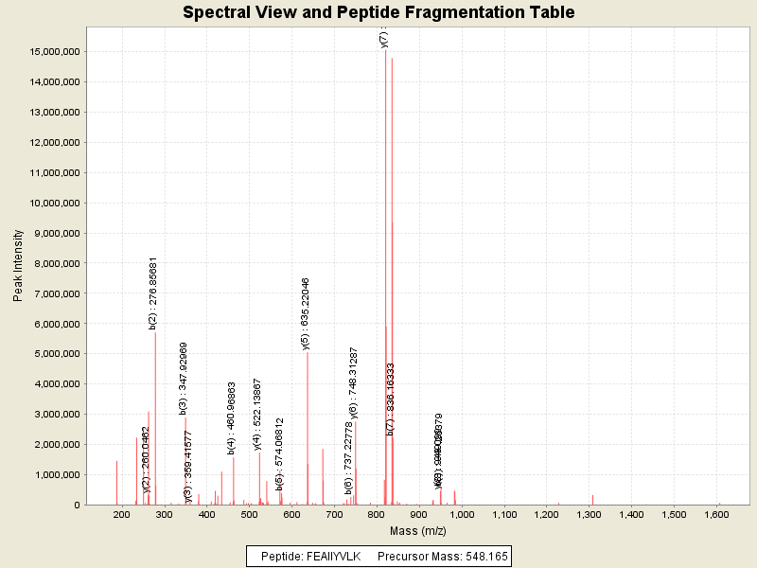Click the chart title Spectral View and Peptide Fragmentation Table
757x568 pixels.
(378, 12)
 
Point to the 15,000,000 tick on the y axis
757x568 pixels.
(58, 52)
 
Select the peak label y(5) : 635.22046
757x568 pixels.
(306, 313)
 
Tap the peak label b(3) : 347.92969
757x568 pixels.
(184, 379)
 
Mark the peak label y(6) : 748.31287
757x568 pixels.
(354, 382)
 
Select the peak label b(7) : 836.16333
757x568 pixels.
(391, 399)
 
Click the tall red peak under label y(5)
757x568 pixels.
(308, 426)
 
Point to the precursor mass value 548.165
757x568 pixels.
(482, 556)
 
